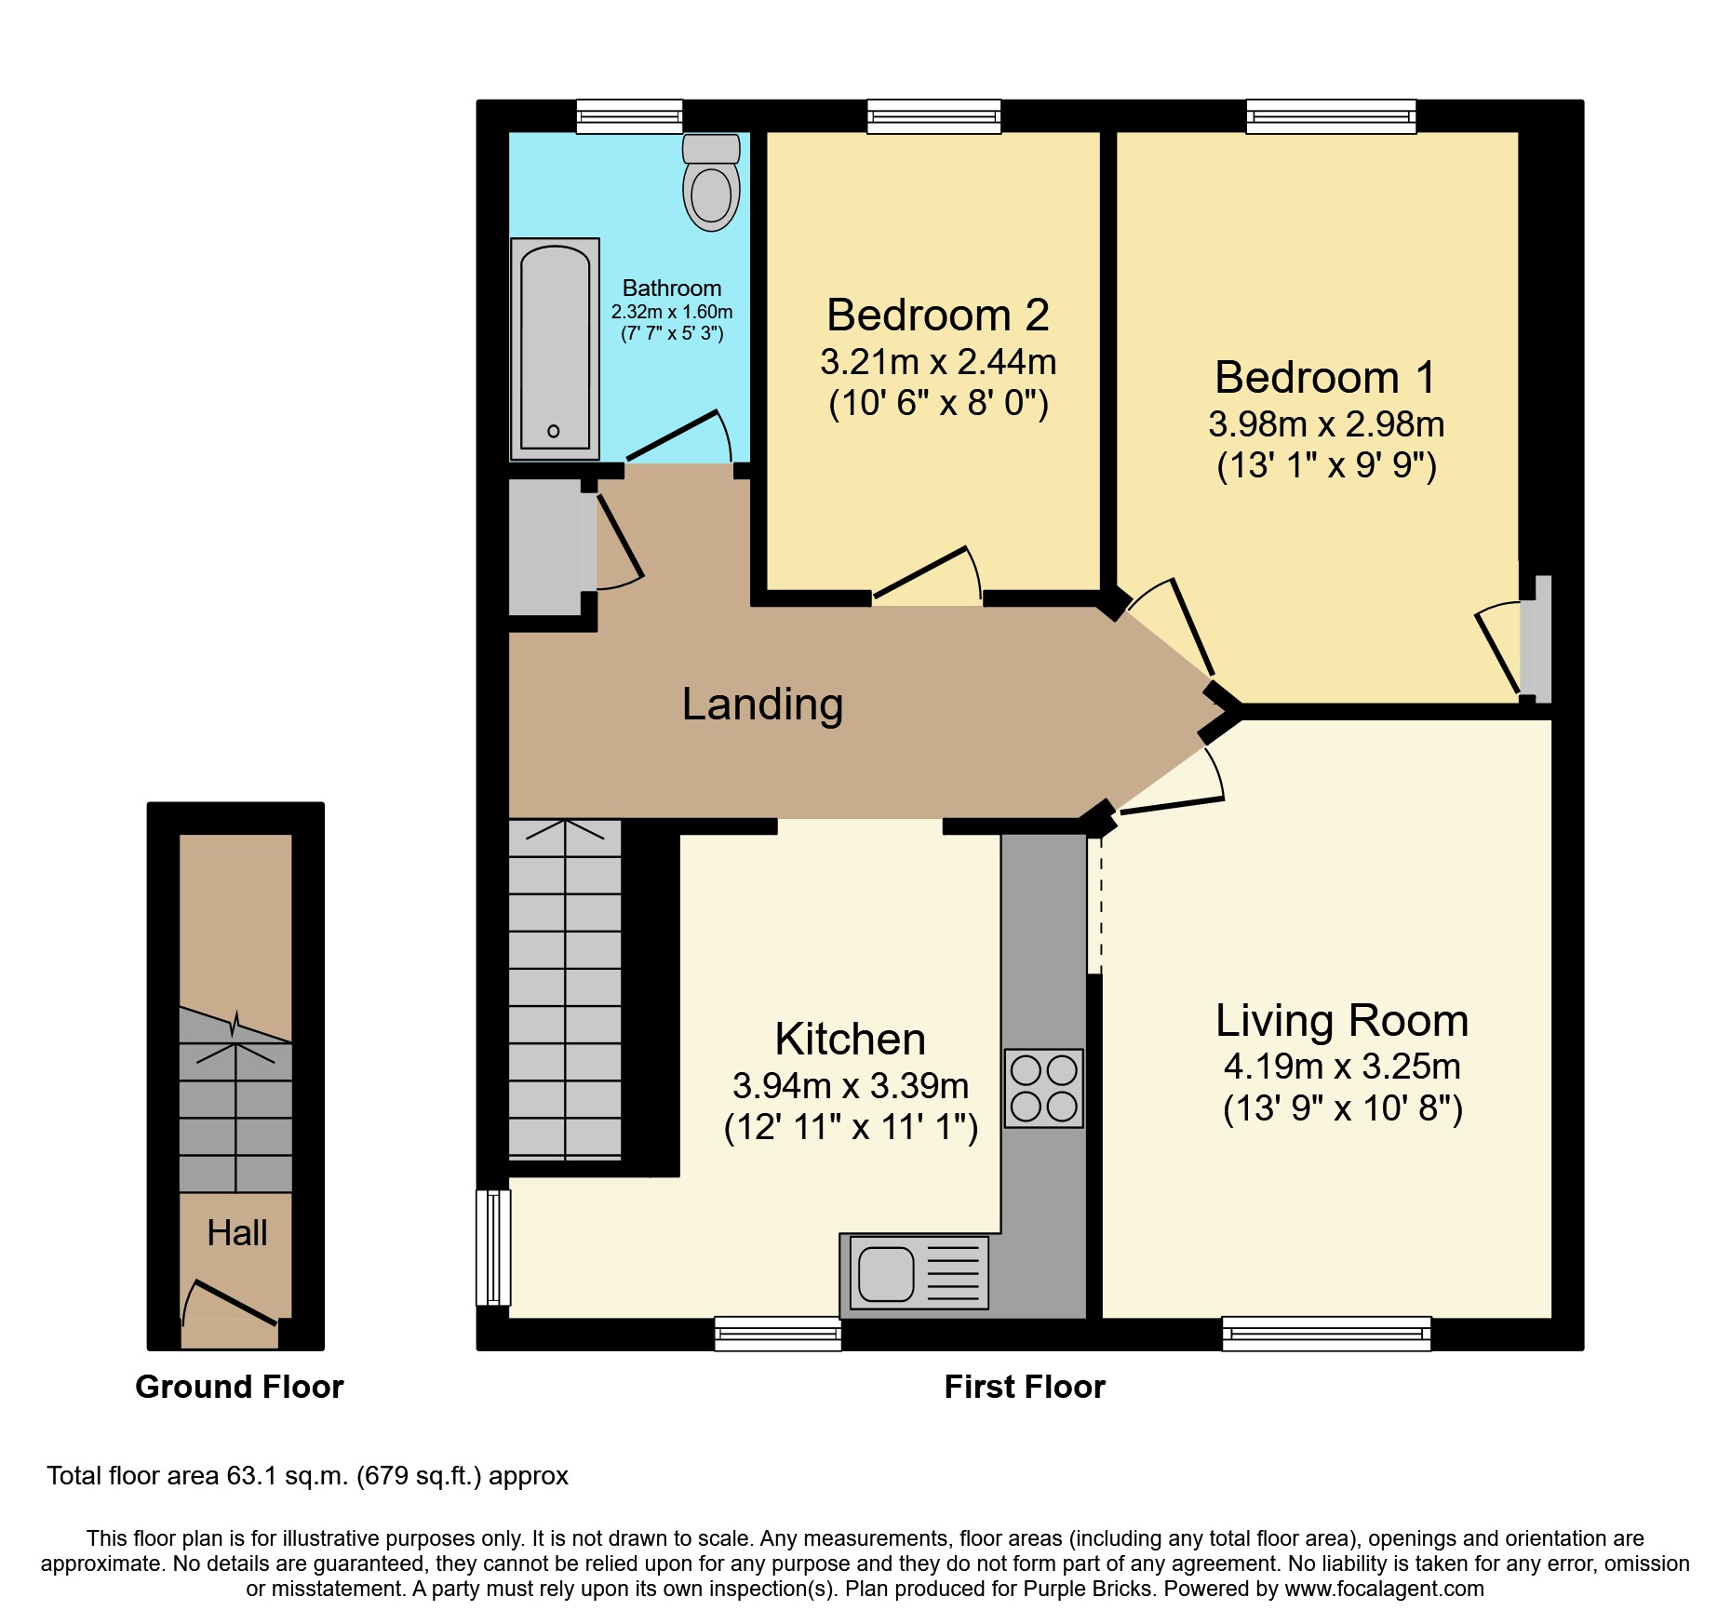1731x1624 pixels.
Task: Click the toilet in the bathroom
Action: pos(711,182)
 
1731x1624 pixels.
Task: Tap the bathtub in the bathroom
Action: pos(555,348)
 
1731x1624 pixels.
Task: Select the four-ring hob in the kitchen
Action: pos(1043,1088)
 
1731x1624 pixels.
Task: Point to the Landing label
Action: pos(762,704)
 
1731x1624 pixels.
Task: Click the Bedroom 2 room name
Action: pos(938,315)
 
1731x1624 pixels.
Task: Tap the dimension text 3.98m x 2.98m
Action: pos(1326,424)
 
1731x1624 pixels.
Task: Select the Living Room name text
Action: pos(1342,1021)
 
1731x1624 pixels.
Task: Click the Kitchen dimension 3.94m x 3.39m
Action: pos(851,1086)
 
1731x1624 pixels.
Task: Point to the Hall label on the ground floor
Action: pos(237,1233)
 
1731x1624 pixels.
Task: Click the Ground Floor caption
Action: pos(239,1387)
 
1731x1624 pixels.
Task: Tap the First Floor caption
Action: pos(1025,1387)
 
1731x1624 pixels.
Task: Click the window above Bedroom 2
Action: pos(934,116)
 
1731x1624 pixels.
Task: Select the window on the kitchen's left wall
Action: pos(493,1247)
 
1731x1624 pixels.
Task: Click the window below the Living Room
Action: pos(1326,1334)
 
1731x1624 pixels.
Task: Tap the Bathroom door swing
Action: pos(678,436)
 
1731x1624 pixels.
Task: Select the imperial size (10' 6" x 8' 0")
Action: pos(939,403)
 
